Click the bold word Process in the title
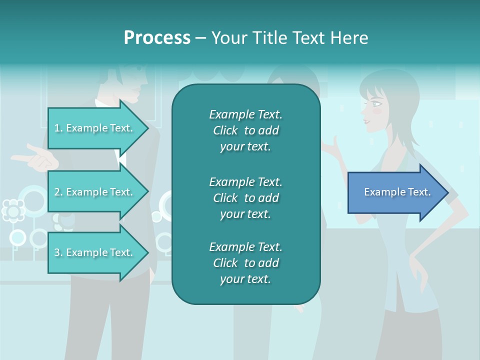tap(157, 38)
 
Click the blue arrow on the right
tap(397, 192)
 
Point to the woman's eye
tap(376, 104)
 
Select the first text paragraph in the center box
tap(245, 130)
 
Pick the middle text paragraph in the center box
tap(245, 198)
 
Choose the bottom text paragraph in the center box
tap(245, 263)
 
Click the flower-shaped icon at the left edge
tap(13, 210)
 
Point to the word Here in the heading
tap(350, 38)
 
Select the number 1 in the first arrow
tap(57, 128)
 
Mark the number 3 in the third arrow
tap(57, 253)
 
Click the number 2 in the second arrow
tap(57, 192)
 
